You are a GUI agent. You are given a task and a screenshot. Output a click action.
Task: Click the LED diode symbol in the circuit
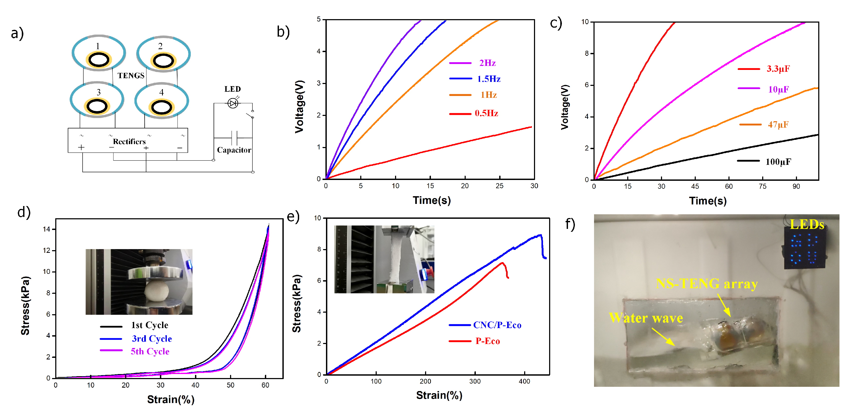click(x=233, y=103)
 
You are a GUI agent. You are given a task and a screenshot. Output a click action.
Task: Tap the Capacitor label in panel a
click(x=234, y=150)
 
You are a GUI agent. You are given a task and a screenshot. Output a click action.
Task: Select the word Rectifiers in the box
click(x=129, y=142)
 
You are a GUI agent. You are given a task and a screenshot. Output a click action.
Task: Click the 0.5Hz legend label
click(x=486, y=113)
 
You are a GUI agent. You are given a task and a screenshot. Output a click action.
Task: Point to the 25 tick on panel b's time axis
click(x=499, y=186)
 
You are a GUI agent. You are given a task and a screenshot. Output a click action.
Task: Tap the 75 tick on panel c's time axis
click(x=762, y=187)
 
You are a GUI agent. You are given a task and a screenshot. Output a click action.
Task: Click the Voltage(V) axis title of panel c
click(x=565, y=107)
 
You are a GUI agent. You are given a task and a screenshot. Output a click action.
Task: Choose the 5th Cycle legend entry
click(x=150, y=351)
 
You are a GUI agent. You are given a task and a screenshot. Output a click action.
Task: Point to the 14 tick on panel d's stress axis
click(x=46, y=229)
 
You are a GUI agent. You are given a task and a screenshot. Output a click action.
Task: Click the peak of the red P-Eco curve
click(x=502, y=263)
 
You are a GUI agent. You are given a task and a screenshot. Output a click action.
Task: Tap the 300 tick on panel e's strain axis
click(x=475, y=381)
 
